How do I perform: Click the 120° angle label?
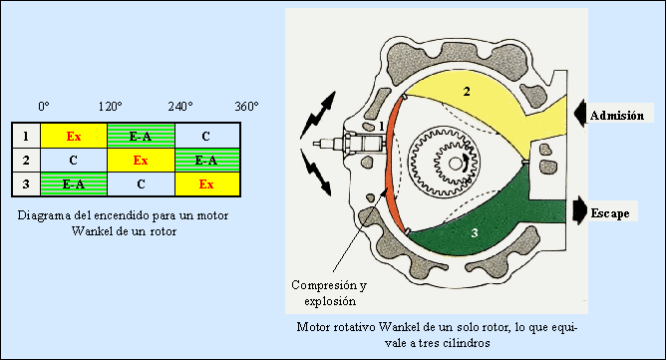[111, 106]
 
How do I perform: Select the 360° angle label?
[246, 106]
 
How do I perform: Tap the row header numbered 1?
[26, 137]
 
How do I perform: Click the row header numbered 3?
[26, 183]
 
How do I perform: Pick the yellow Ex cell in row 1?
[74, 137]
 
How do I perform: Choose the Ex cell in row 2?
[141, 160]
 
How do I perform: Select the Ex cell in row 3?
[207, 183]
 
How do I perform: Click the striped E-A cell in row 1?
[141, 137]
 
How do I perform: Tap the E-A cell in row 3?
[74, 183]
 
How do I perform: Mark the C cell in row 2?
[74, 160]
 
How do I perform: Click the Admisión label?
[617, 116]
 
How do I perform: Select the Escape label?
[610, 212]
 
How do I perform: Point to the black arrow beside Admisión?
[579, 114]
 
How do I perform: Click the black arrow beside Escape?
[580, 210]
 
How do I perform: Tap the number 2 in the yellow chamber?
[467, 92]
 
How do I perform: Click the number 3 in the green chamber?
[475, 232]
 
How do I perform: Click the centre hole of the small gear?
[455, 163]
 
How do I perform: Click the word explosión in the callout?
[330, 302]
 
